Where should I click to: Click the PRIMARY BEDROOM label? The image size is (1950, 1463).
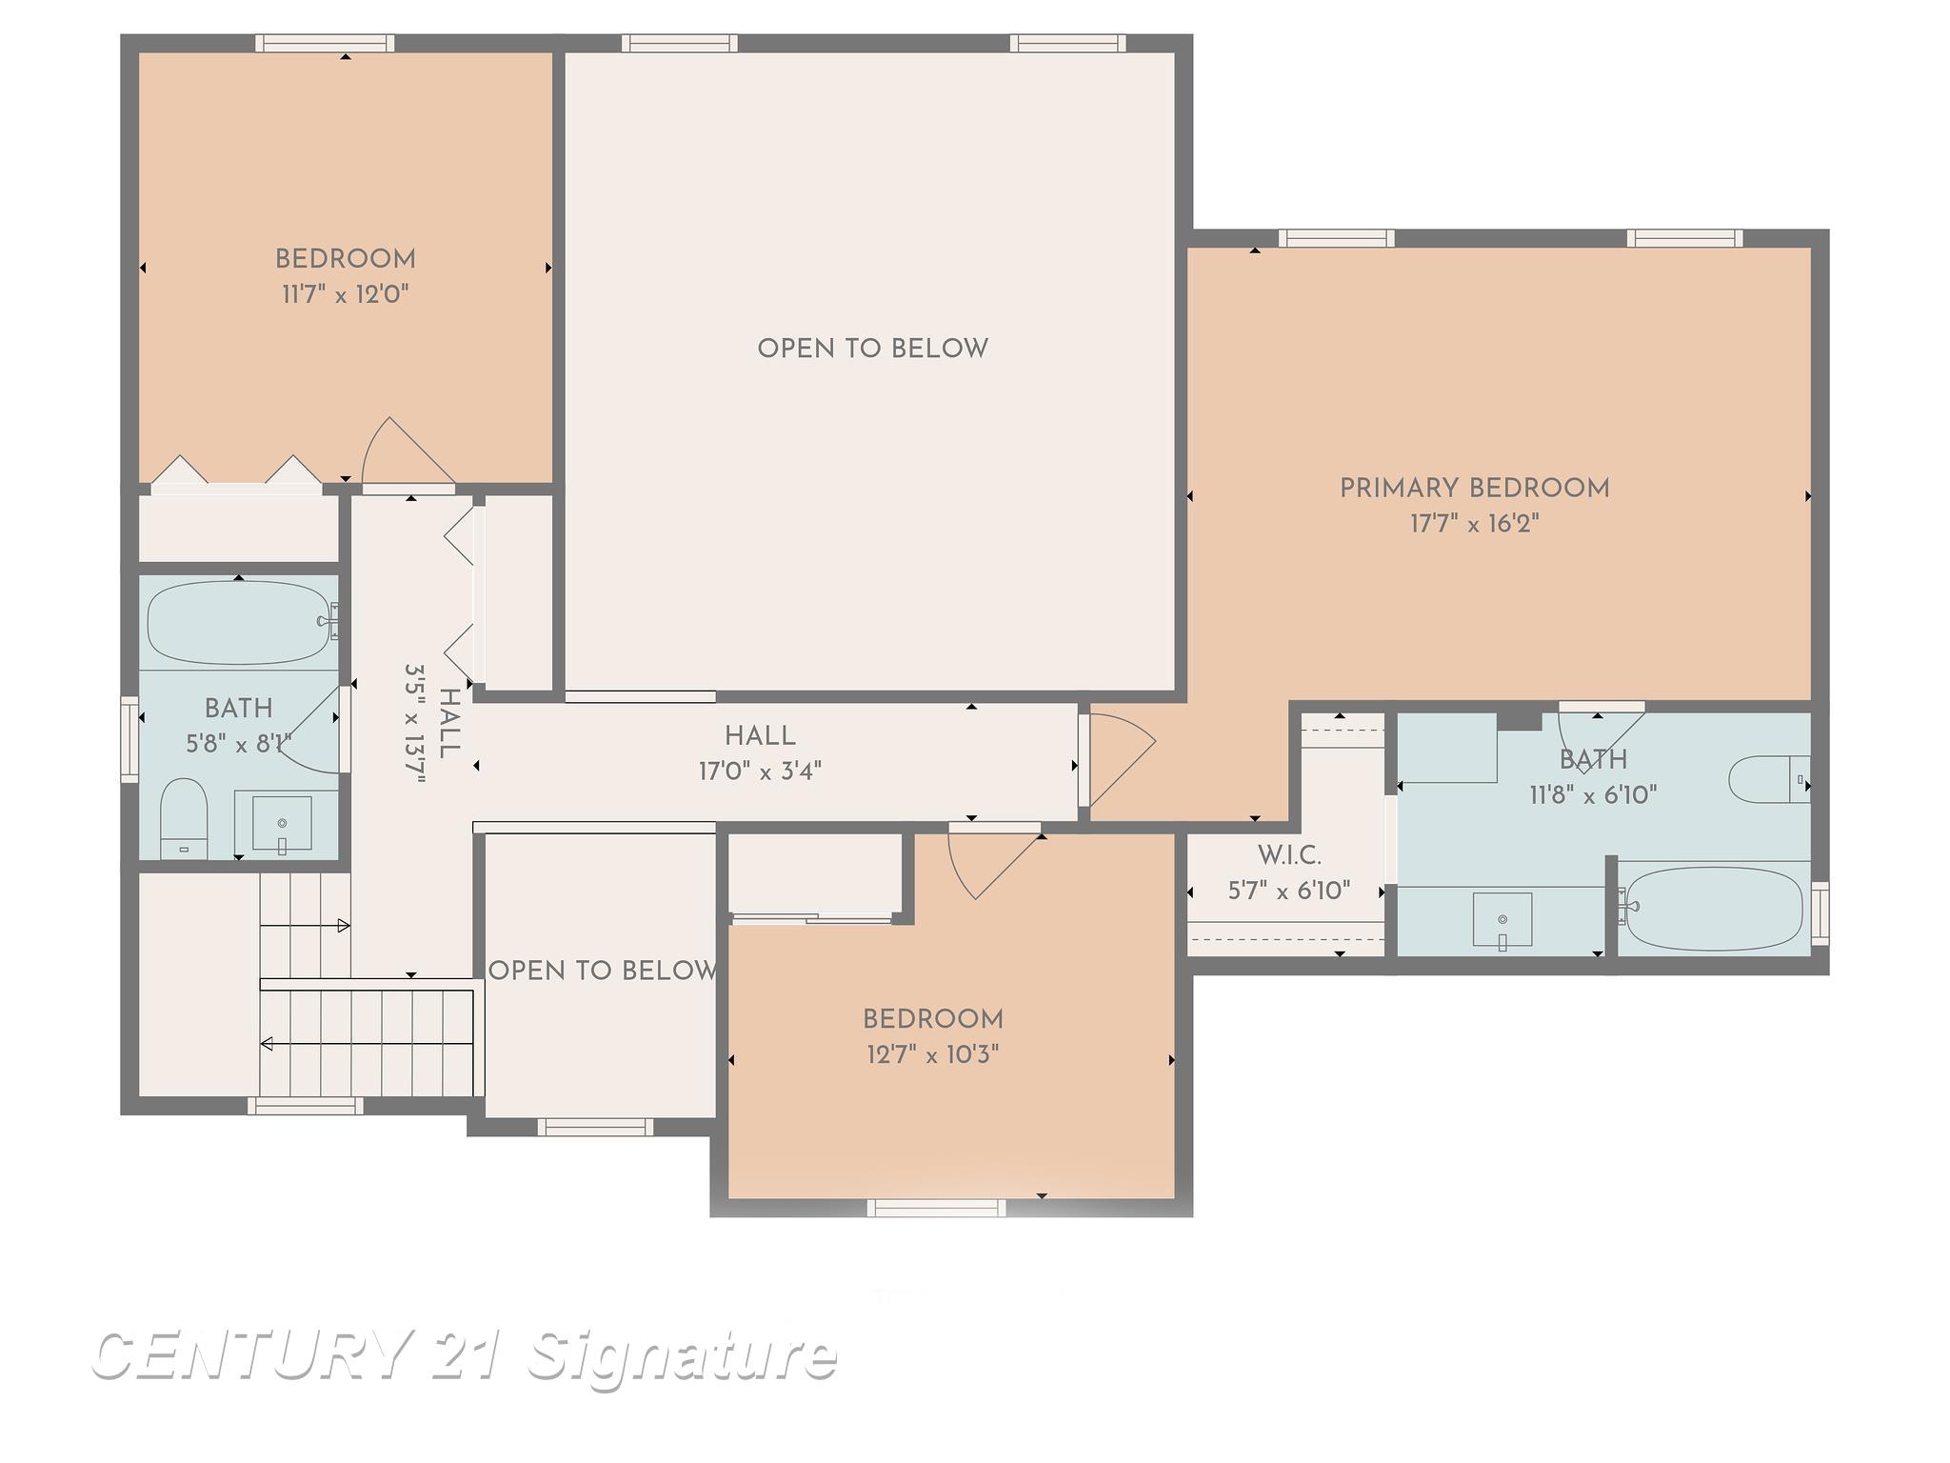(x=1474, y=489)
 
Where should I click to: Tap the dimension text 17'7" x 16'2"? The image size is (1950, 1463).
(x=1474, y=524)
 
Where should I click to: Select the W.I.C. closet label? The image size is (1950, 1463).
(x=1289, y=855)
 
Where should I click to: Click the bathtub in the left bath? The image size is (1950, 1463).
(x=238, y=622)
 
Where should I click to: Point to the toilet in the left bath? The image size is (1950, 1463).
(x=184, y=814)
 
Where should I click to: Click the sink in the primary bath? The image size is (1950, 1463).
(x=1502, y=920)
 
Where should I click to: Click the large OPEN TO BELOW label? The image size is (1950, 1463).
(x=872, y=349)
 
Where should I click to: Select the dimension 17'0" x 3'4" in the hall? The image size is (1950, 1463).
(x=760, y=771)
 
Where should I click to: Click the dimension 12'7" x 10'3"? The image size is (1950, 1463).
(x=932, y=1054)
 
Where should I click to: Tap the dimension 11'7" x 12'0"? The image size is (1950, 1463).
(x=345, y=294)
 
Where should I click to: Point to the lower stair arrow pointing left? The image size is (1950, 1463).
(x=268, y=1044)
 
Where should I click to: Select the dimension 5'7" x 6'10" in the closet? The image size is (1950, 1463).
(x=1289, y=892)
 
